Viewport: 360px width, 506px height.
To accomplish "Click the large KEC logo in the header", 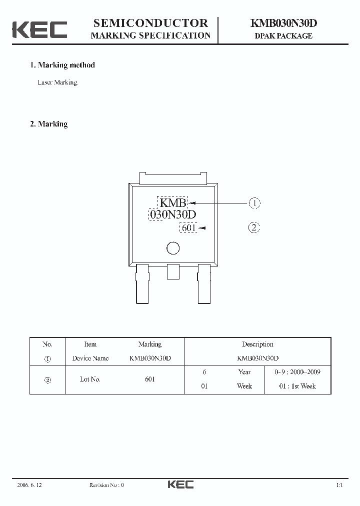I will (x=39, y=29).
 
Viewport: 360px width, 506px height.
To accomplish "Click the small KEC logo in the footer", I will (x=180, y=484).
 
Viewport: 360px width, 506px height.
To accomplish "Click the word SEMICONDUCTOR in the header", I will (x=150, y=23).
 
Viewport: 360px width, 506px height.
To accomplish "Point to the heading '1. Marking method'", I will (x=62, y=65).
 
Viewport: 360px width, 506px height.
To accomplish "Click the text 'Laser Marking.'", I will (x=58, y=82).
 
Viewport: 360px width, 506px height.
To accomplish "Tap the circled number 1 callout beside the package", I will (x=254, y=203).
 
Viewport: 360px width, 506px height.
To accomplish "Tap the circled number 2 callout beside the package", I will (x=254, y=228).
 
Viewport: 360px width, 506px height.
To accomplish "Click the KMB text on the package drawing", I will (x=172, y=203).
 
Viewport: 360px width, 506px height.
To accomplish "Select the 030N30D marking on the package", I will (x=172, y=215).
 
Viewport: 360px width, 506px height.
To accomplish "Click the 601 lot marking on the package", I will (x=188, y=228).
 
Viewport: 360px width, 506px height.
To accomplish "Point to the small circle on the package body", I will (x=172, y=248).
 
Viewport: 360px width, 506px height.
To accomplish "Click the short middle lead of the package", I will (x=173, y=271).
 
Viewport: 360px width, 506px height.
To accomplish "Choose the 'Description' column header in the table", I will (x=257, y=344).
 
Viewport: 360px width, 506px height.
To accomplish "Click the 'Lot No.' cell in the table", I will (x=90, y=379).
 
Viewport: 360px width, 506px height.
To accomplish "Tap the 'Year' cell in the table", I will (x=244, y=372).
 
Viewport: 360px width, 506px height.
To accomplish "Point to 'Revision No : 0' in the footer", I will (x=106, y=485).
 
